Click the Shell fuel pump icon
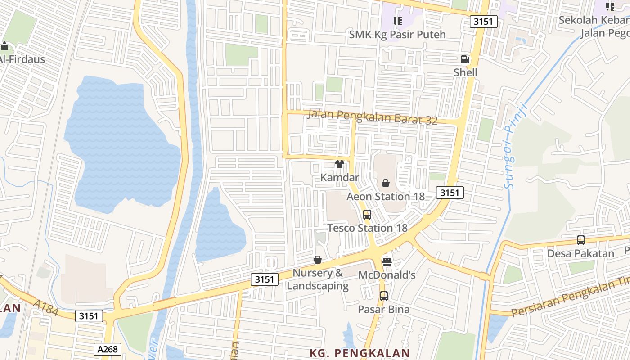pos(465,59)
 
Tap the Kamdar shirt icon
pos(340,164)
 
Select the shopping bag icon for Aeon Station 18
pos(386,183)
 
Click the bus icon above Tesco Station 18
pos(367,215)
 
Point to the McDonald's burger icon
pos(387,261)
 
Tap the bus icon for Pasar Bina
pos(384,296)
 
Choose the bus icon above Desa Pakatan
pos(581,240)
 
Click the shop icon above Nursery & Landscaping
pos(318,260)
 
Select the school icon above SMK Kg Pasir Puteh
pos(397,21)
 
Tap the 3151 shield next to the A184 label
pos(88,316)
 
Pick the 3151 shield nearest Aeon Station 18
pos(450,193)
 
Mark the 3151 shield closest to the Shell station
pos(484,21)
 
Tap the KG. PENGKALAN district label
pos(360,353)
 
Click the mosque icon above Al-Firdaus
pos(5,46)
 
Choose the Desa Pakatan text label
pos(580,253)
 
